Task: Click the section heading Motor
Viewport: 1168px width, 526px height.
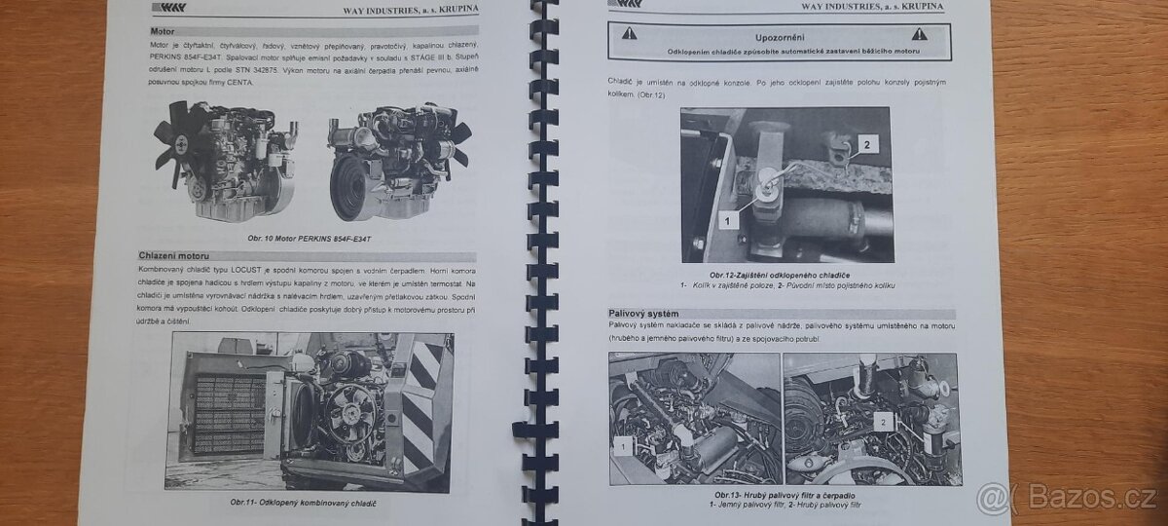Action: [149, 32]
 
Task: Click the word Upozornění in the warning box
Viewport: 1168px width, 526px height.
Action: [773, 33]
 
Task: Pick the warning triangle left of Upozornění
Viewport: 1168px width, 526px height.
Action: [631, 34]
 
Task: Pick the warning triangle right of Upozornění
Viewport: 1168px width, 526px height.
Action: [917, 34]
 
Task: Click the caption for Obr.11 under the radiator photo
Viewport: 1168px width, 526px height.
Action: [303, 502]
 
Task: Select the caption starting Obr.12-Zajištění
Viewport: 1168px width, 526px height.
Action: [786, 276]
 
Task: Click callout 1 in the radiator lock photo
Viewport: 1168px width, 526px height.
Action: [725, 221]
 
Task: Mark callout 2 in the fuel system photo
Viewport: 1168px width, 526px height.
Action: [883, 421]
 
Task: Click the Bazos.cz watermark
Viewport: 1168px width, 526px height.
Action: [1067, 498]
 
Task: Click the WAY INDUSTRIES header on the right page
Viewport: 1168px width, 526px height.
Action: [872, 7]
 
